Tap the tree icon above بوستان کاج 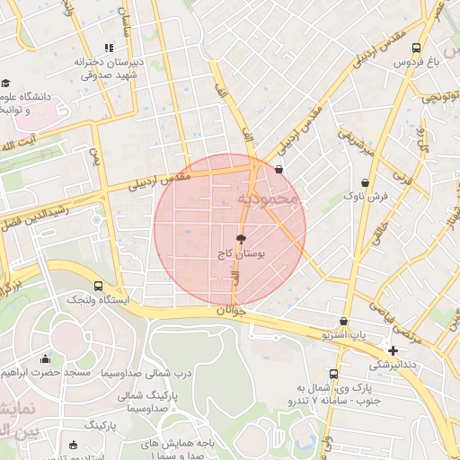click(240, 239)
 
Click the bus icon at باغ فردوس click(415, 49)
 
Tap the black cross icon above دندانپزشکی click(393, 349)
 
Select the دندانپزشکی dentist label click(394, 365)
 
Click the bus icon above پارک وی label click(333, 374)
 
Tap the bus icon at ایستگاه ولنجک click(98, 286)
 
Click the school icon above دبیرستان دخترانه click(109, 48)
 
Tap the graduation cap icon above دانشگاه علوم click(5, 84)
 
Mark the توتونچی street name click(442, 95)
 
